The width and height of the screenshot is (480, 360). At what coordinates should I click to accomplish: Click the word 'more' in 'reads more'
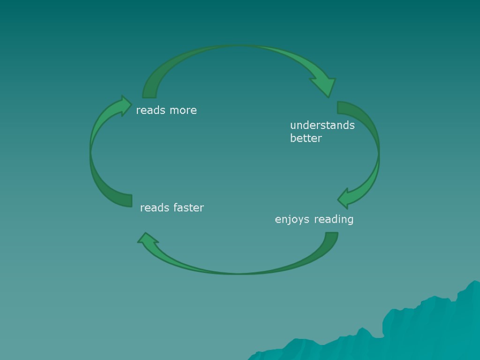(x=183, y=111)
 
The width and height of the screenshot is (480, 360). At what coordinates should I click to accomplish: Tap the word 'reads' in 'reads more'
(x=151, y=111)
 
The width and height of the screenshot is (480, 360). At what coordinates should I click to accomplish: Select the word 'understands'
(x=322, y=125)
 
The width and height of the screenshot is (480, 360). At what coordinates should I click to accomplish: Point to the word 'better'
(x=306, y=138)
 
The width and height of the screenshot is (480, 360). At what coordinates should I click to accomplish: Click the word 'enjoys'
(x=292, y=219)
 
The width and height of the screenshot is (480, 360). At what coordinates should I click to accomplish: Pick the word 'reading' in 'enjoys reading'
(x=334, y=219)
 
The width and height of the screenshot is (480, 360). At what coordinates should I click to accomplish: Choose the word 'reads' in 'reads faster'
(x=155, y=208)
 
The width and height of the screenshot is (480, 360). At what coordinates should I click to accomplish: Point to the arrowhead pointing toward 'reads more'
(x=124, y=105)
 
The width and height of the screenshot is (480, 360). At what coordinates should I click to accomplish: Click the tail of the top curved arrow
(x=150, y=94)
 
